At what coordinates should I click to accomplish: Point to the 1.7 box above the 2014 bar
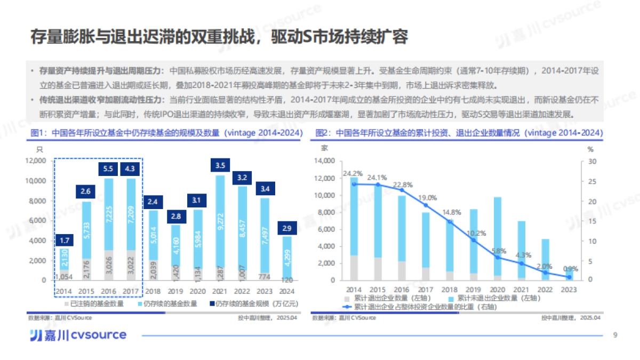click(x=63, y=241)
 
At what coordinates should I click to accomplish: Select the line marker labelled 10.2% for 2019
click(x=473, y=240)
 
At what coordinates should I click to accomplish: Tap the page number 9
click(x=615, y=335)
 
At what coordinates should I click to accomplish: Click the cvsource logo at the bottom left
click(x=77, y=335)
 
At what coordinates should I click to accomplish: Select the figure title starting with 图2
click(x=459, y=133)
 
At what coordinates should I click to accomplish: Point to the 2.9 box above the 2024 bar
click(x=286, y=228)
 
